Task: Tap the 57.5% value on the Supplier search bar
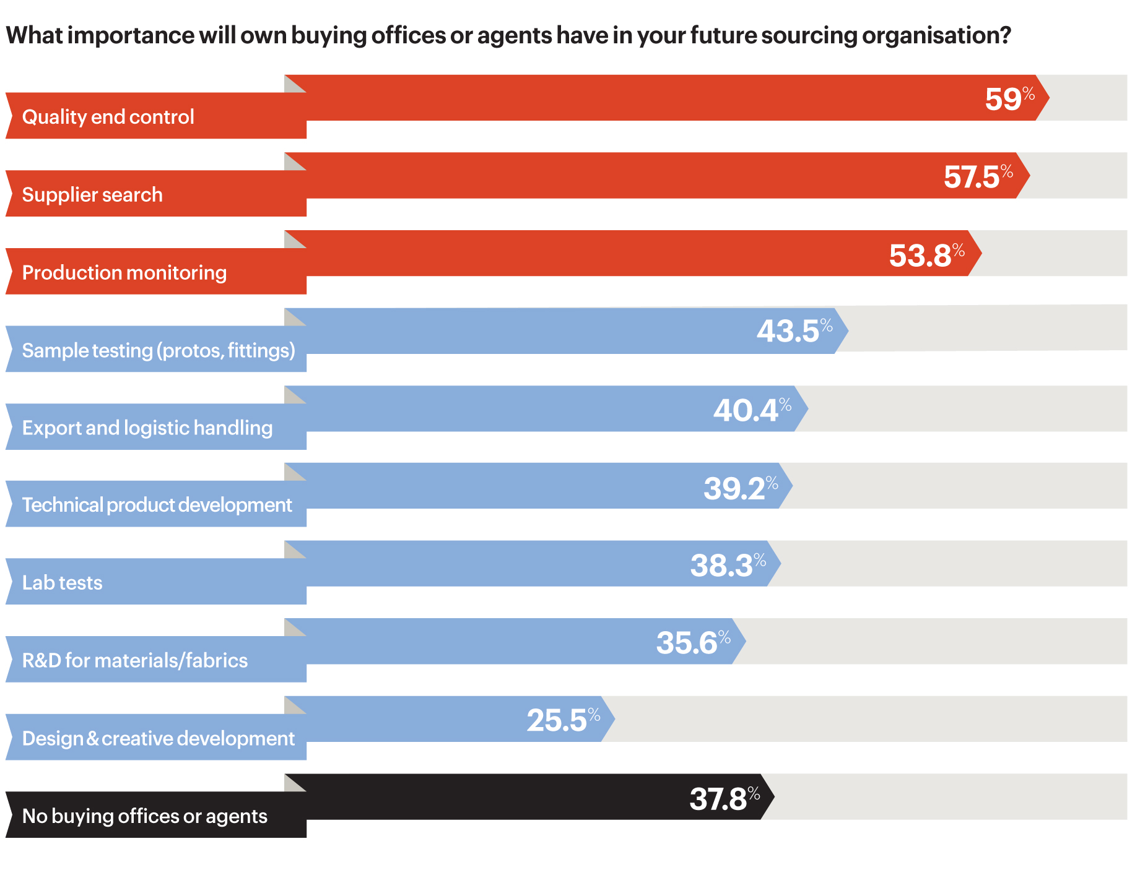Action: coord(978,177)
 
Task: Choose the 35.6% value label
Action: coord(693,642)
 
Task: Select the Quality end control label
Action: coord(108,117)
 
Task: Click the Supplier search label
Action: coord(92,195)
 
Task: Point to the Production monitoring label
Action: coord(124,273)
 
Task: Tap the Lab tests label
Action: coord(63,583)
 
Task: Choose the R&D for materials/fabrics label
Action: coord(135,661)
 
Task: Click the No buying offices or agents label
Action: coord(145,816)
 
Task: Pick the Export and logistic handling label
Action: coord(147,428)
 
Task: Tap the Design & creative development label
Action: coord(159,739)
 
